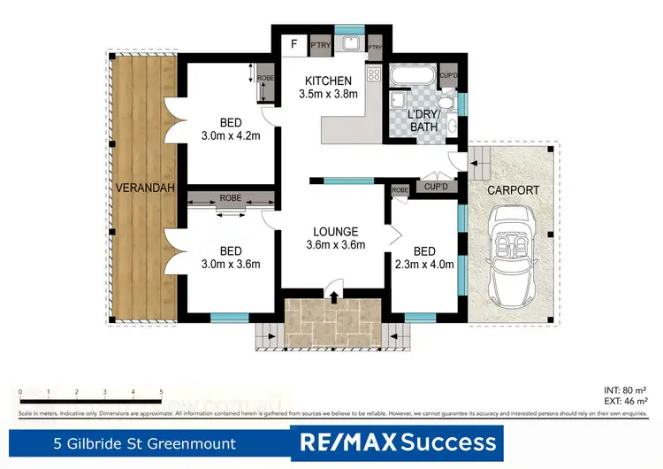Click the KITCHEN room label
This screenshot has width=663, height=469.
328,81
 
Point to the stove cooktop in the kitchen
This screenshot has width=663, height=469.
373,77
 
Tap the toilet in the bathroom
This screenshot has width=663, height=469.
451,106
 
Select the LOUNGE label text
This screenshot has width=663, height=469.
335,231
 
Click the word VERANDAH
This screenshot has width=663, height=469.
144,188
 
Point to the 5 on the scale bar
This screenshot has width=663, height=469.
161,391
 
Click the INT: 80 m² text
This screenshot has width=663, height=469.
625,389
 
